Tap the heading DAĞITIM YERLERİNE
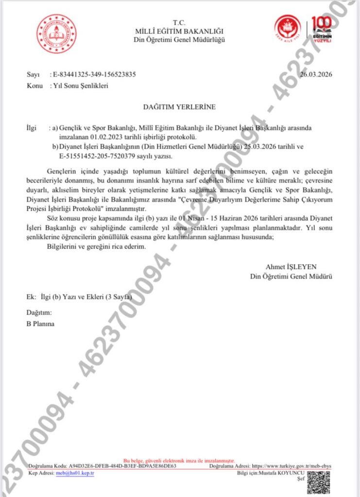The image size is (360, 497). pyautogui.click(x=179, y=106)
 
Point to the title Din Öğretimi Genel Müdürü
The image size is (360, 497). pyautogui.click(x=291, y=276)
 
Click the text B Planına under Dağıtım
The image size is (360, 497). pyautogui.click(x=40, y=323)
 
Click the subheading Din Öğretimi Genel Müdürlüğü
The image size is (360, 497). pyautogui.click(x=179, y=40)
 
